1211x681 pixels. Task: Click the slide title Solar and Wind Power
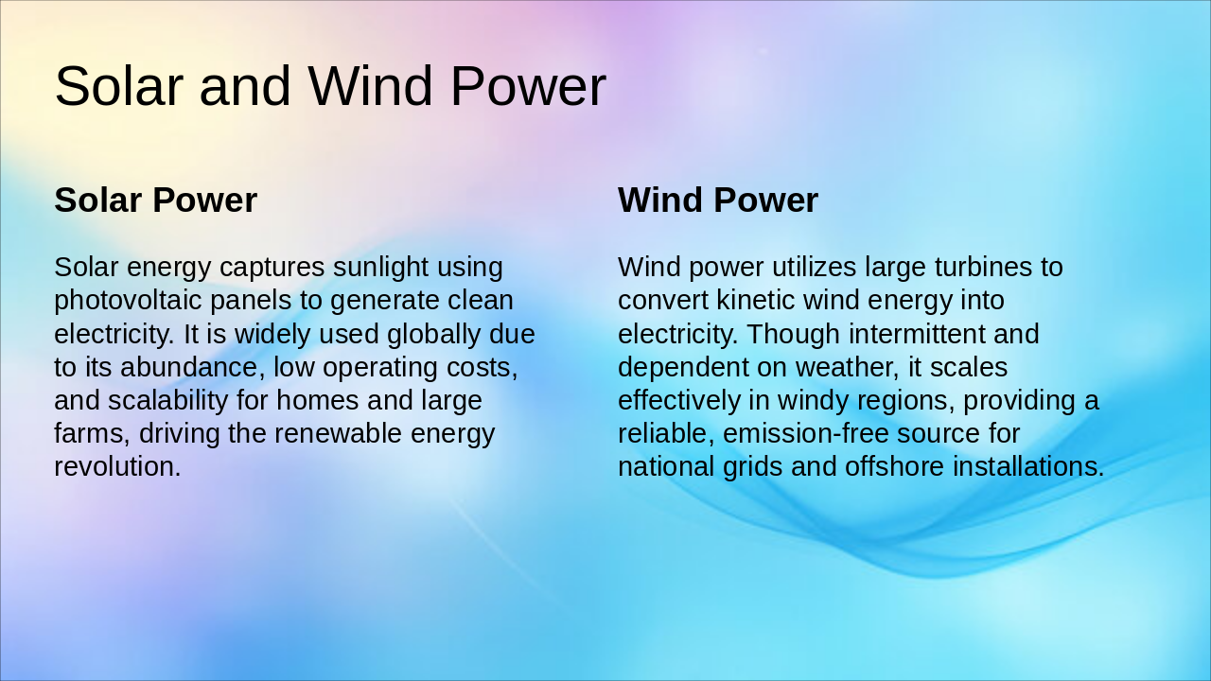[329, 86]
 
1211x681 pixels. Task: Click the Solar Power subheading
[155, 201]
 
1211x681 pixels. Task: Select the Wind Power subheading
[717, 201]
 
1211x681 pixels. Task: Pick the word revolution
[116, 466]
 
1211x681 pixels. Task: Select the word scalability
[168, 400]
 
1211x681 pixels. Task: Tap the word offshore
[899, 466]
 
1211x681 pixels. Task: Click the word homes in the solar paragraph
[317, 400]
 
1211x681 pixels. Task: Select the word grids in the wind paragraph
[741, 466]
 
